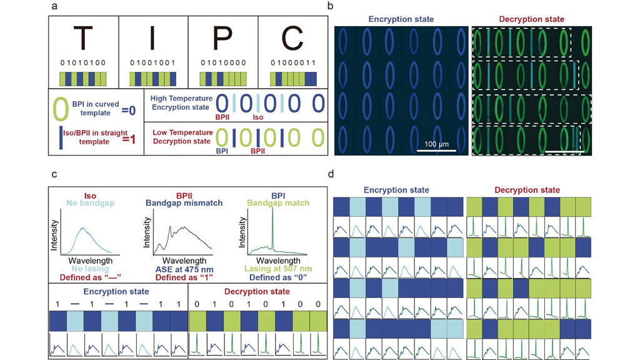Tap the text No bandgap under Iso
tap(84, 202)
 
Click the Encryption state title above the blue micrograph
tap(401, 19)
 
